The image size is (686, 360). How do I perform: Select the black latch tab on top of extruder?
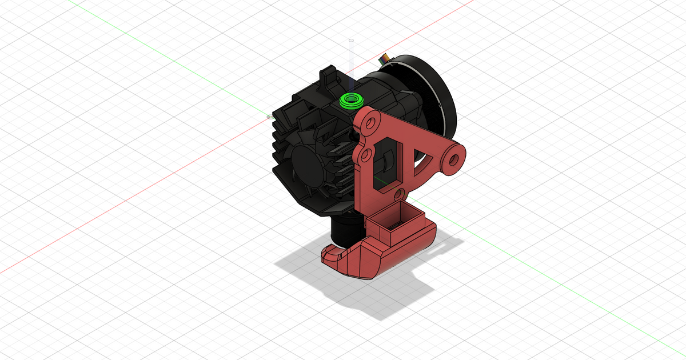pyautogui.click(x=328, y=77)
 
